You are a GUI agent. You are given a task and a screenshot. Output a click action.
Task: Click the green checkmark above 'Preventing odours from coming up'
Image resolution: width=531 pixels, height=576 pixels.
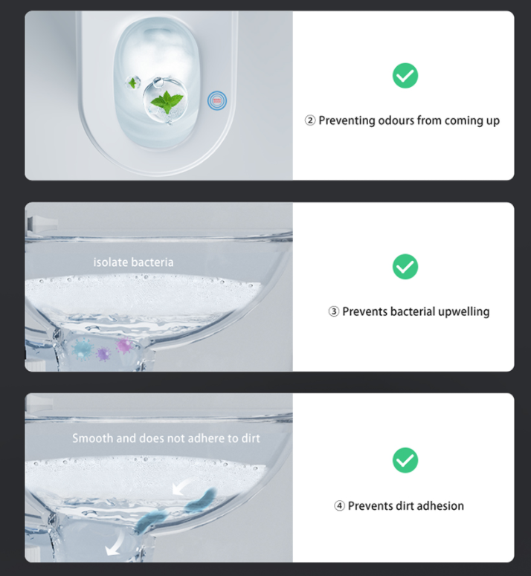[x=405, y=76]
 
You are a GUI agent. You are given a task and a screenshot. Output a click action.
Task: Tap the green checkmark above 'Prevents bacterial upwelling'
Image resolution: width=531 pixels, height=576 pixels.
[x=405, y=267]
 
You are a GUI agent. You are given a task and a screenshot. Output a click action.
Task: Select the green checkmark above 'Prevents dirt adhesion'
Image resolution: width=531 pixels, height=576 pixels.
[x=405, y=460]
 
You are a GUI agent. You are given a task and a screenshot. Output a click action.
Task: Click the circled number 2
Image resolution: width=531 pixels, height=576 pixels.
[x=310, y=120]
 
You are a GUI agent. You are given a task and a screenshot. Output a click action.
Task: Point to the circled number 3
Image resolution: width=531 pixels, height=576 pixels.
[x=333, y=311]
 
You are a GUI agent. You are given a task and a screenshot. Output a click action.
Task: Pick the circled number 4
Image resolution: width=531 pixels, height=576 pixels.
[x=339, y=506]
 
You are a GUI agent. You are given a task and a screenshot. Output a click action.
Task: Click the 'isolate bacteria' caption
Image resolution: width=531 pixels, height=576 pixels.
[x=133, y=262]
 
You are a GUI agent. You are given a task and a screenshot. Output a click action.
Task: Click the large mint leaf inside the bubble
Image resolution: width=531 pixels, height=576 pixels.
[x=167, y=101]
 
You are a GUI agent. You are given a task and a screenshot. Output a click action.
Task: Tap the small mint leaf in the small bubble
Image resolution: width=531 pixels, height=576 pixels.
[x=132, y=82]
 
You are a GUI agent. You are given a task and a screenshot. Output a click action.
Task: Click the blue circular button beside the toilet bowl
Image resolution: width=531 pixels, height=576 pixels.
[x=217, y=100]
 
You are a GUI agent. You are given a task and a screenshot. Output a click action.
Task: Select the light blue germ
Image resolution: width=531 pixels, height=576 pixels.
[x=82, y=349]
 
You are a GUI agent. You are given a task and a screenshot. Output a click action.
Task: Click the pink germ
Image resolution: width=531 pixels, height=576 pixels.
[x=124, y=346]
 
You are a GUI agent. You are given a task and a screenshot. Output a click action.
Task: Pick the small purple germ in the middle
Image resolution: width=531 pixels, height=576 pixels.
[x=103, y=354]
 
